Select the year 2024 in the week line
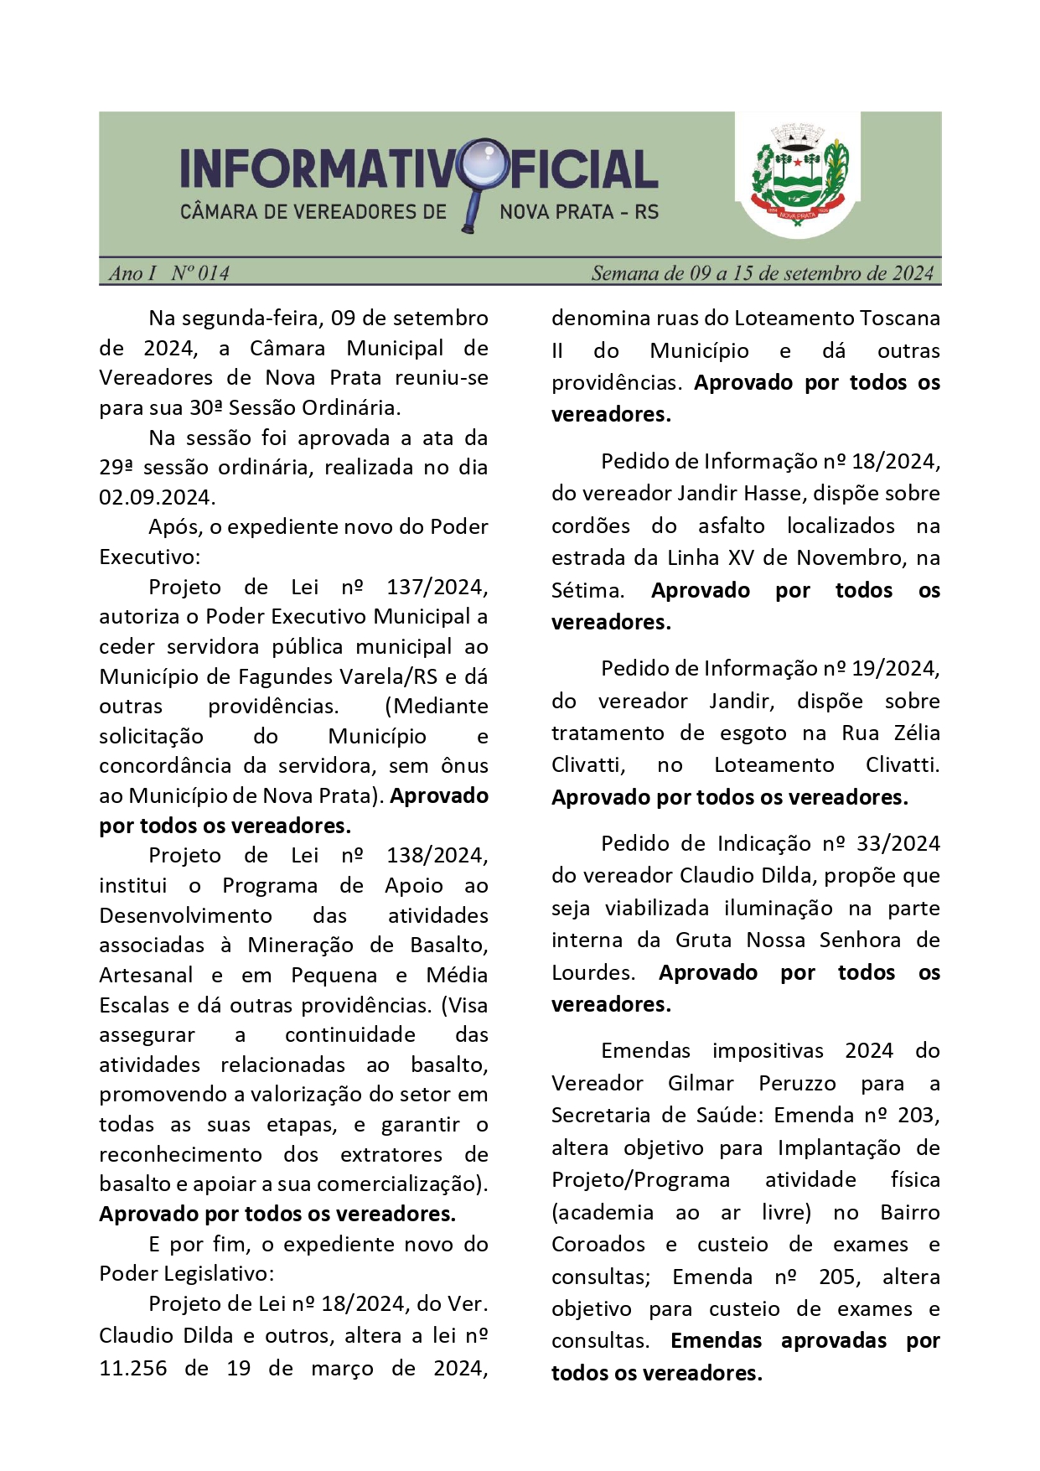pyautogui.click(x=912, y=273)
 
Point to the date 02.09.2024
pyautogui.click(x=156, y=498)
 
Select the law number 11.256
pyautogui.click(x=132, y=1369)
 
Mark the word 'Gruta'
pyautogui.click(x=703, y=940)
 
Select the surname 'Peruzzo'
pyautogui.click(x=797, y=1084)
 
